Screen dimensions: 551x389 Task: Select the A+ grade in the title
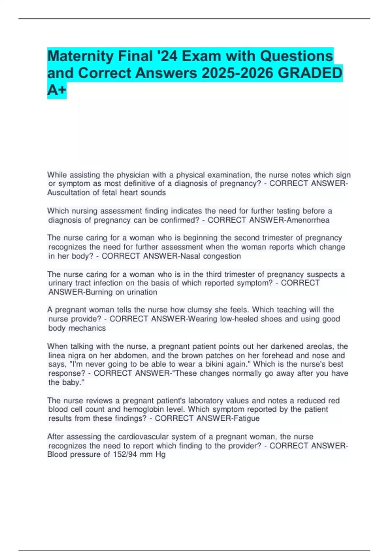(57, 90)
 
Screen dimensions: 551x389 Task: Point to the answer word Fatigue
(246, 418)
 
